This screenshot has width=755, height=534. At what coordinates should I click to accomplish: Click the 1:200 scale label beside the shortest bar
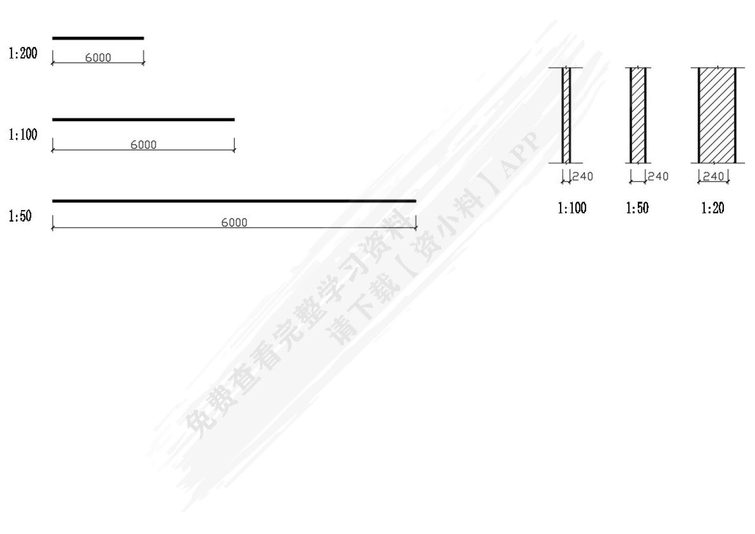(x=23, y=53)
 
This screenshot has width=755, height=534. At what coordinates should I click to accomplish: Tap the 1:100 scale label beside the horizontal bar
(x=23, y=134)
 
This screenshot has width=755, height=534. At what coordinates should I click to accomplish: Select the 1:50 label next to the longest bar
(x=20, y=216)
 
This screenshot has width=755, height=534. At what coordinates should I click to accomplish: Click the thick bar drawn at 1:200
(x=98, y=38)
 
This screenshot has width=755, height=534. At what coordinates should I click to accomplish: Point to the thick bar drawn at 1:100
(x=143, y=120)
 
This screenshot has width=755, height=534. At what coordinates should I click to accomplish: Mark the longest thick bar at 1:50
(x=234, y=201)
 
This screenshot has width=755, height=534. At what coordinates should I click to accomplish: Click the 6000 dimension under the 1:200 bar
(x=98, y=58)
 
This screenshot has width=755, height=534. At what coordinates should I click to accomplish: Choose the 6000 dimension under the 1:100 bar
(x=143, y=145)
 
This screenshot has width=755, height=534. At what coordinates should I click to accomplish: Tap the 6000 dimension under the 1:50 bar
(x=234, y=222)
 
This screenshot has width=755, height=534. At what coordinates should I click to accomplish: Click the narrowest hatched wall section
(x=566, y=115)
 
